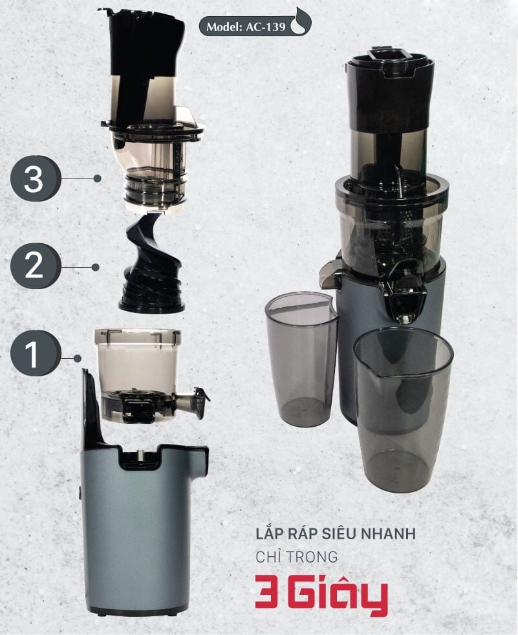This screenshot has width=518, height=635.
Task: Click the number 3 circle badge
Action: pyautogui.click(x=34, y=178)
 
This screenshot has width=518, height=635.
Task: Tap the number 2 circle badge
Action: pyautogui.click(x=34, y=266)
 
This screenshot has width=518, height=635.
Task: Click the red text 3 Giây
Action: pyautogui.click(x=321, y=594)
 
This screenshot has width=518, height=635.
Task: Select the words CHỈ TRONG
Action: pyautogui.click(x=297, y=557)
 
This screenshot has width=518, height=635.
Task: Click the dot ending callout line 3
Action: pyautogui.click(x=98, y=178)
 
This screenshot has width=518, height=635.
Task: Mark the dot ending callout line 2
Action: pyautogui.click(x=96, y=266)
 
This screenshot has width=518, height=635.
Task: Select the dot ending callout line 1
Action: pyautogui.click(x=78, y=358)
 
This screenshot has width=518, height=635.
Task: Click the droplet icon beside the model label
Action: pyautogui.click(x=301, y=23)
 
